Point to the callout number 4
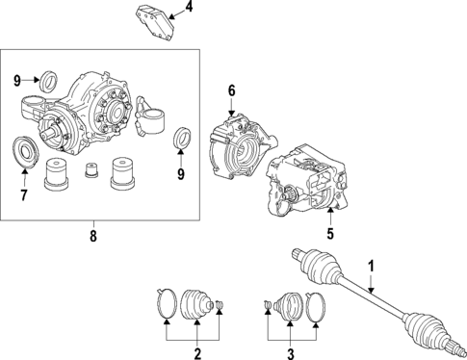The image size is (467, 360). point(189,9)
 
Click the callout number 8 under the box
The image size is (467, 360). point(93,233)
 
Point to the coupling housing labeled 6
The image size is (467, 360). point(236,145)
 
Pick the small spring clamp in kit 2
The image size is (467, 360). point(221,307)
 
